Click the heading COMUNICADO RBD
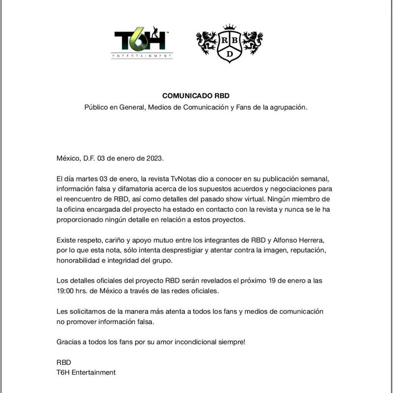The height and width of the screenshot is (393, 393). tap(196, 95)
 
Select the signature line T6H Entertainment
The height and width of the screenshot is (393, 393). tap(86, 372)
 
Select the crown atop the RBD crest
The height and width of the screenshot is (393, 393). tap(229, 27)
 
